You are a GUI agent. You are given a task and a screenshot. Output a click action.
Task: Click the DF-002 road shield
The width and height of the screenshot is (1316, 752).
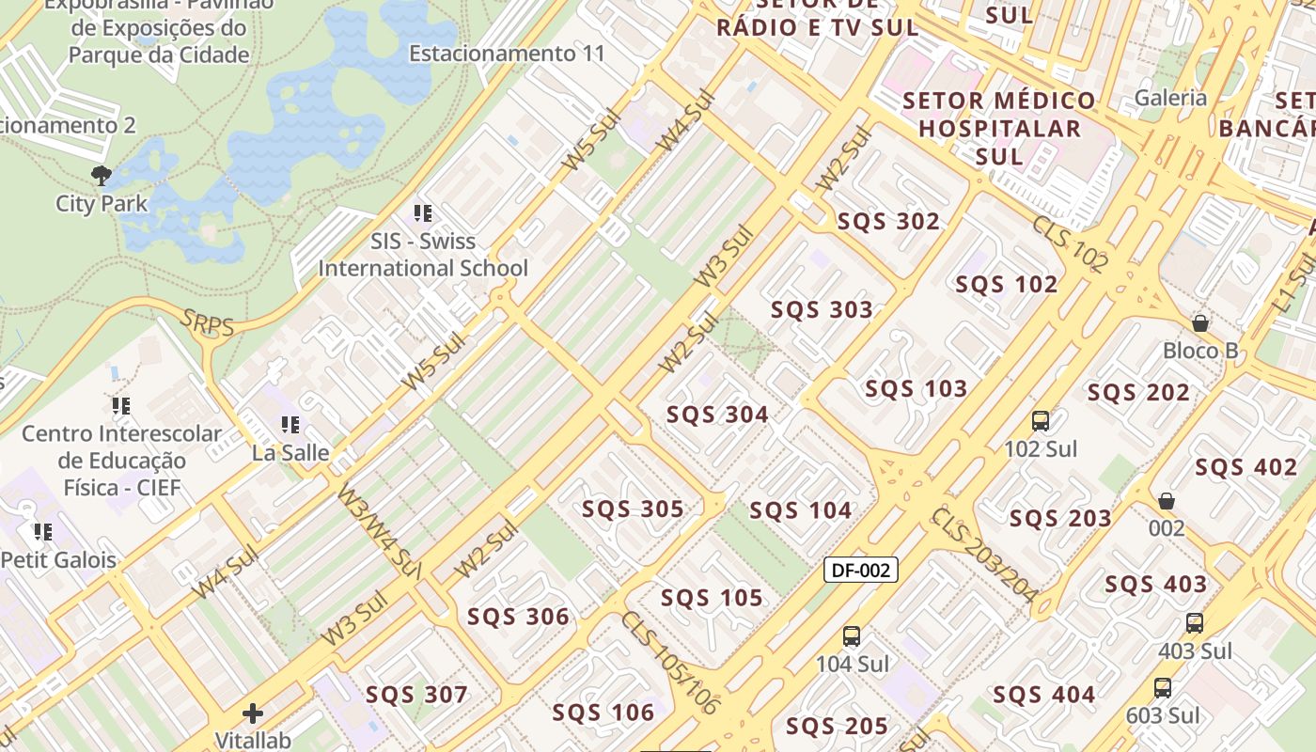860,570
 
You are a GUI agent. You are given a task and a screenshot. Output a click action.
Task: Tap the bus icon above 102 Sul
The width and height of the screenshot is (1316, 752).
1040,420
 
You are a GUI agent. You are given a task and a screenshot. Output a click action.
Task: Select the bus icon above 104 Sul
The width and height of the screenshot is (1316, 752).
851,636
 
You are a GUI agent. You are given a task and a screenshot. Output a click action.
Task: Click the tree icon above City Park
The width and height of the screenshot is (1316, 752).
101,176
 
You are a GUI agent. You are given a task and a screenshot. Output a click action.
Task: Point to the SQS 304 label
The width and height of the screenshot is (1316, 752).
717,415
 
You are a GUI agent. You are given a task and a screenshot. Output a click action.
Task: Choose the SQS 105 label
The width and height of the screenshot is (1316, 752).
712,598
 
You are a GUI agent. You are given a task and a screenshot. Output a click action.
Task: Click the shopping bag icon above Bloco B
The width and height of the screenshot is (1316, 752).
1199,323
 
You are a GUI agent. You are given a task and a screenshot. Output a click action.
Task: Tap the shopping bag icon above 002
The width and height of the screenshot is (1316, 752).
1166,501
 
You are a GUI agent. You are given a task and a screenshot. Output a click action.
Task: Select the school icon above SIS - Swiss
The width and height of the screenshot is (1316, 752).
423,213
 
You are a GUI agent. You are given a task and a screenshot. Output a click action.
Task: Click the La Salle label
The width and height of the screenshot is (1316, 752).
290,452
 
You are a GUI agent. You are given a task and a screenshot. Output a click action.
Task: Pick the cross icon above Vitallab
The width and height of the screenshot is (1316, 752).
252,713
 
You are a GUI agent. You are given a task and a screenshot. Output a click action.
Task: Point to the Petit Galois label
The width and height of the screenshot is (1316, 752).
58,559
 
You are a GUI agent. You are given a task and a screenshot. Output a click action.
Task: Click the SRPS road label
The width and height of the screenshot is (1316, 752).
209,322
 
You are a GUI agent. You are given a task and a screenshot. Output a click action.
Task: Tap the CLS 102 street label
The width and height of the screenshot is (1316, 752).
1070,244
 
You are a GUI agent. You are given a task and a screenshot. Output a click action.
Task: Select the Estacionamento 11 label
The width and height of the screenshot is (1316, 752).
507,54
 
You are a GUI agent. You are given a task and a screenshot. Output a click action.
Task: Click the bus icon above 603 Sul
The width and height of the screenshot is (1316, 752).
1162,688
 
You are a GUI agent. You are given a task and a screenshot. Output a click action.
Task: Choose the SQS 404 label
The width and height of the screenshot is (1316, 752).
1043,695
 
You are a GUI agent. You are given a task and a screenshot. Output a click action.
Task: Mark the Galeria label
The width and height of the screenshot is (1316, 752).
1170,98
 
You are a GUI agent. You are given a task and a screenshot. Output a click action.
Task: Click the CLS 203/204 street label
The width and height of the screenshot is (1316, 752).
983,556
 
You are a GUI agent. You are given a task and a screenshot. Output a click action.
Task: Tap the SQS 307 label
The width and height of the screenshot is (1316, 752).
416,695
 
